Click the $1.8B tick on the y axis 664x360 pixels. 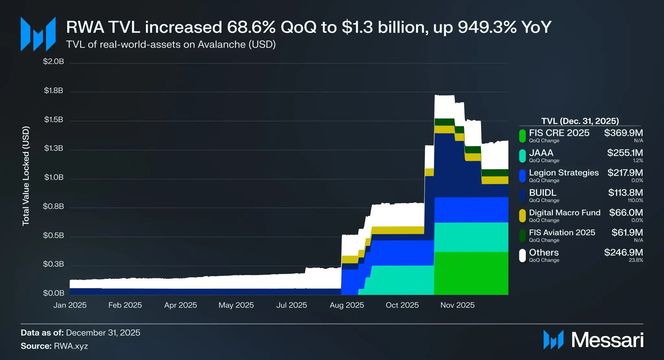coord(53,90)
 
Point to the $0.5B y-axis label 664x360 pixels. coord(53,235)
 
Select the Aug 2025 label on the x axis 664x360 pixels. coord(347,305)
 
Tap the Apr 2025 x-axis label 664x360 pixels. coord(181,305)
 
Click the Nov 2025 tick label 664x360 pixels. coord(457,305)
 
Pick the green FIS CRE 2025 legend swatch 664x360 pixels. coord(522,136)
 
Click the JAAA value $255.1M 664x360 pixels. coord(625,153)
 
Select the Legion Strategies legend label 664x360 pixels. coord(563,173)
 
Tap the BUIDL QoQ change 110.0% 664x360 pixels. coord(635,200)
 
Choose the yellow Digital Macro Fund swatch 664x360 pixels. coord(522,216)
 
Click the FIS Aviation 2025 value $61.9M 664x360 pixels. coord(627,233)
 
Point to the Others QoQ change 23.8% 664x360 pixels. coord(636,260)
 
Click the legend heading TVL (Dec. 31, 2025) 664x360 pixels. coord(580,121)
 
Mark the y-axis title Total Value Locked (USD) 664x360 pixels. coord(26,176)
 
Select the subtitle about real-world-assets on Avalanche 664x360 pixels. coord(171,44)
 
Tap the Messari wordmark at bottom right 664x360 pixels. coord(607,340)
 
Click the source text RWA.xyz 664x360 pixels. coord(71,346)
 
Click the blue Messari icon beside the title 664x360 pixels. coord(38,34)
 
